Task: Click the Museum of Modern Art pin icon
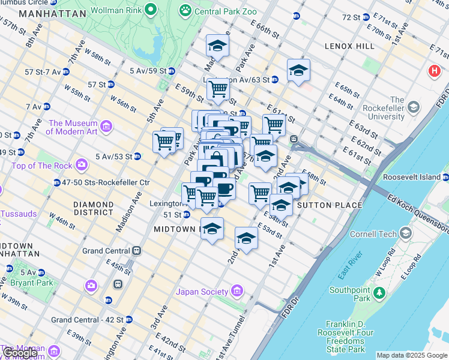click(x=106, y=126)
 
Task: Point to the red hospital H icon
click(x=434, y=71)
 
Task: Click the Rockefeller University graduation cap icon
click(x=413, y=107)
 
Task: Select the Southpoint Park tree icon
click(x=379, y=293)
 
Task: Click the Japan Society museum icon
click(x=236, y=292)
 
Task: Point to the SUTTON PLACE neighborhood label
click(x=330, y=205)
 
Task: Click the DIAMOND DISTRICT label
click(x=93, y=208)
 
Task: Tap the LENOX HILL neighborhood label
click(x=349, y=46)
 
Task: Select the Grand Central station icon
click(x=136, y=251)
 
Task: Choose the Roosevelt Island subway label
click(x=420, y=178)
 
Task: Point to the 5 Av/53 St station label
click(x=114, y=157)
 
